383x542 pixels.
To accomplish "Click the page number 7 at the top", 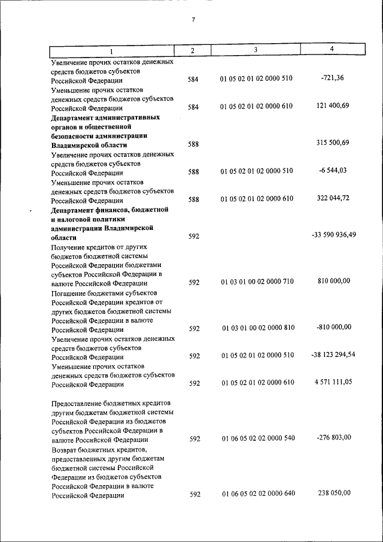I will click(x=193, y=20).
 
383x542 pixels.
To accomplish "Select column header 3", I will click(x=256, y=50).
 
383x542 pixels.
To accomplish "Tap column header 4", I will click(x=332, y=49).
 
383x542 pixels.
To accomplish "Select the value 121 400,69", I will click(x=332, y=105).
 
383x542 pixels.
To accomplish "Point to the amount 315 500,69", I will click(x=332, y=143).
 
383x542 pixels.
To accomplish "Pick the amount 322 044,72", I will click(x=332, y=198).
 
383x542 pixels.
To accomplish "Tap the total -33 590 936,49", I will click(x=334, y=235).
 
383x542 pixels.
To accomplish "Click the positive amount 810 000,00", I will click(x=332, y=281).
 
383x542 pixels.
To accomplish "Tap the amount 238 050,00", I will click(x=332, y=493).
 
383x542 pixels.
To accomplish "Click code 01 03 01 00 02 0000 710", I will click(x=257, y=282).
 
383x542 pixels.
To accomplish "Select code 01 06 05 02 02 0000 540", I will click(x=257, y=439).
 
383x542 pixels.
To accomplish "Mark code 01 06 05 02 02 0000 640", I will click(x=257, y=494).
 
